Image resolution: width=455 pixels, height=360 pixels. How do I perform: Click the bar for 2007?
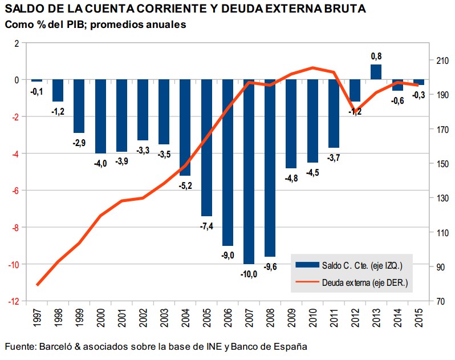(249, 171)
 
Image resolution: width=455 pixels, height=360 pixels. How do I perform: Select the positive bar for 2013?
(376, 72)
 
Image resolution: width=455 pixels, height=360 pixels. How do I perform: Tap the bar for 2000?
(100, 116)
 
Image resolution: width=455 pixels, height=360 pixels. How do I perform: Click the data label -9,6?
(270, 266)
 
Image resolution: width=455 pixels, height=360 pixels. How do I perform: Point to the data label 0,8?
(376, 56)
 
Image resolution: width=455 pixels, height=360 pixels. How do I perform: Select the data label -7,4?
(206, 226)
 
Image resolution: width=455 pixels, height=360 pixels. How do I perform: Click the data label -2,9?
(79, 143)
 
